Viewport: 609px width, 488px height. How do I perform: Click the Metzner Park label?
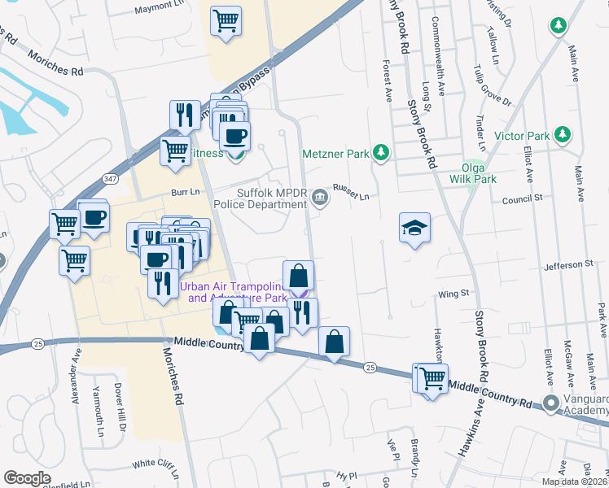point(335,153)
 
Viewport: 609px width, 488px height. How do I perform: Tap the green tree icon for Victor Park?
point(561,133)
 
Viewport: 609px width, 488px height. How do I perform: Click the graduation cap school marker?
point(414,228)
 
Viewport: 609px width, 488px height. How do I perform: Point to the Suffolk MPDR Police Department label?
point(271,198)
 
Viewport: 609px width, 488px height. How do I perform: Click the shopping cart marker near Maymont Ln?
point(226,21)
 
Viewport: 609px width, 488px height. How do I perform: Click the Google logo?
point(28,478)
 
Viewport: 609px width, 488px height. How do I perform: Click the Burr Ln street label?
point(185,193)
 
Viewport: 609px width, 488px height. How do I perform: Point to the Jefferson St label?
point(567,265)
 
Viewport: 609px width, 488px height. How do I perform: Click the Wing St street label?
point(454,293)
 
